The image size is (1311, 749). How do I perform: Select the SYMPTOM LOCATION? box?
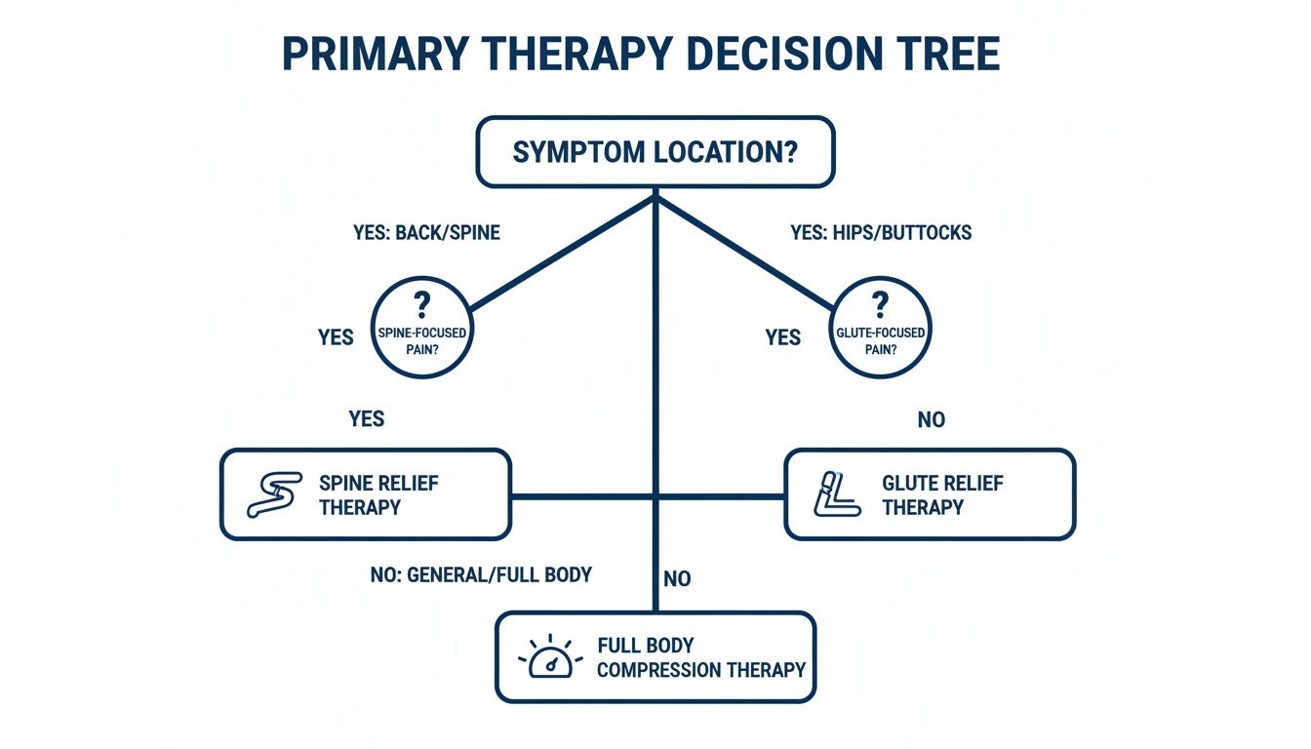point(655,152)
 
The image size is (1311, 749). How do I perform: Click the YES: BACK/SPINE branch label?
point(426,234)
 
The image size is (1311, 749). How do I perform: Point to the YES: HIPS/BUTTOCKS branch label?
point(880,234)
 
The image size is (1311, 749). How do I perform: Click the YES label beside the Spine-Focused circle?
point(336,337)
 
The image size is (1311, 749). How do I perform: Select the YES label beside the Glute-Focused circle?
point(782,337)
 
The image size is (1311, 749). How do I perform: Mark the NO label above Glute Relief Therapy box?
point(931,420)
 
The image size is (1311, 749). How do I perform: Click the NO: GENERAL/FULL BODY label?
point(481,574)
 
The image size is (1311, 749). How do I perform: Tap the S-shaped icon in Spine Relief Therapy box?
point(271,494)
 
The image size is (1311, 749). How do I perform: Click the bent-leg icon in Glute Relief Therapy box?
point(836,494)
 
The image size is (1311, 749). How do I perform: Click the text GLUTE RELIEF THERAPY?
point(941,494)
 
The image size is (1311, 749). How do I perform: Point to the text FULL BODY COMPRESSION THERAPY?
point(700,658)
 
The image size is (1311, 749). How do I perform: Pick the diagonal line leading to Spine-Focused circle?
point(561,253)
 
